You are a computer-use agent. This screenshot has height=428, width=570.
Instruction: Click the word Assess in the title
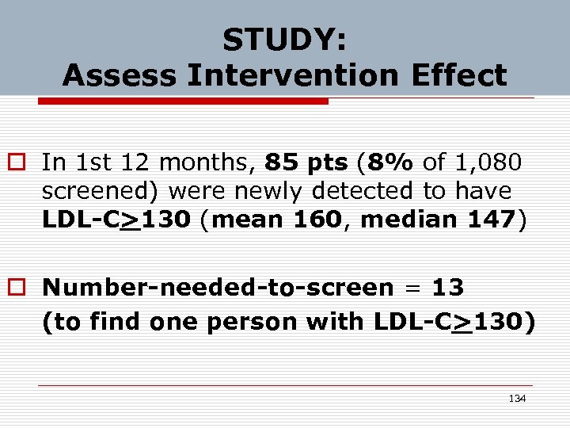(116, 75)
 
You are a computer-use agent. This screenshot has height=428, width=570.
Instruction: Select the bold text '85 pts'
(306, 162)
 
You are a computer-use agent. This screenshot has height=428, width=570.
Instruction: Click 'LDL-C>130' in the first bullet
(116, 220)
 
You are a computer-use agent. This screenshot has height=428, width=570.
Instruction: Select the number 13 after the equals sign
(448, 287)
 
